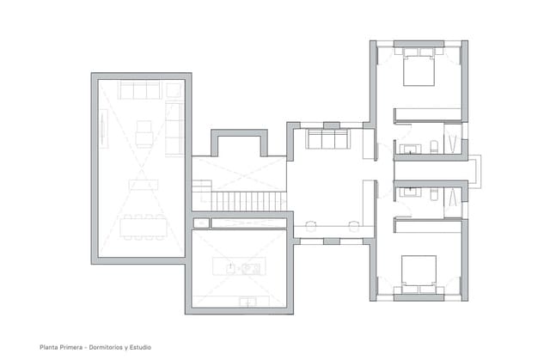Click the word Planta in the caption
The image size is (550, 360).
tap(49, 347)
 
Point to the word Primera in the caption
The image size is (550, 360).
tap(76, 347)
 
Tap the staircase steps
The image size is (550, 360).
tap(247, 201)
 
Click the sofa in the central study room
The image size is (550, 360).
tap(327, 139)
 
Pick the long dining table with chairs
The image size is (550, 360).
tap(142, 227)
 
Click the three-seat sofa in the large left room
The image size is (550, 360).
tap(139, 90)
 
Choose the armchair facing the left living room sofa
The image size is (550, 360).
tap(144, 133)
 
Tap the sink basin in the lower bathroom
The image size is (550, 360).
tap(411, 192)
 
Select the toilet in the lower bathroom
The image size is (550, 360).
tap(434, 193)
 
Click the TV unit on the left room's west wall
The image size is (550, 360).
tap(103, 129)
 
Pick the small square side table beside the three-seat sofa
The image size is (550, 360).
tap(174, 90)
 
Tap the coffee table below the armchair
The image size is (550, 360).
tap(143, 183)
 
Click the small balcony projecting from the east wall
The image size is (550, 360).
tap(475, 171)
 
